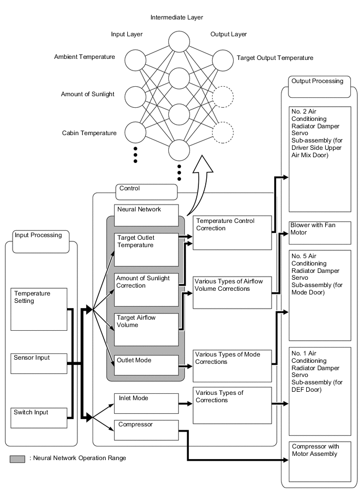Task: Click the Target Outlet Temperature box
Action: [x=146, y=249]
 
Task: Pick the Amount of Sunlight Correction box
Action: [x=146, y=289]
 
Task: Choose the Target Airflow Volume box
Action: [x=146, y=329]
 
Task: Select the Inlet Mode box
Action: [x=146, y=403]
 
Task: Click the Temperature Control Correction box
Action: [x=232, y=232]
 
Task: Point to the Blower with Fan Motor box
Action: [x=319, y=232]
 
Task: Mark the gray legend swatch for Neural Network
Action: [x=17, y=459]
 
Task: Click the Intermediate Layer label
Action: [x=177, y=17]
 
